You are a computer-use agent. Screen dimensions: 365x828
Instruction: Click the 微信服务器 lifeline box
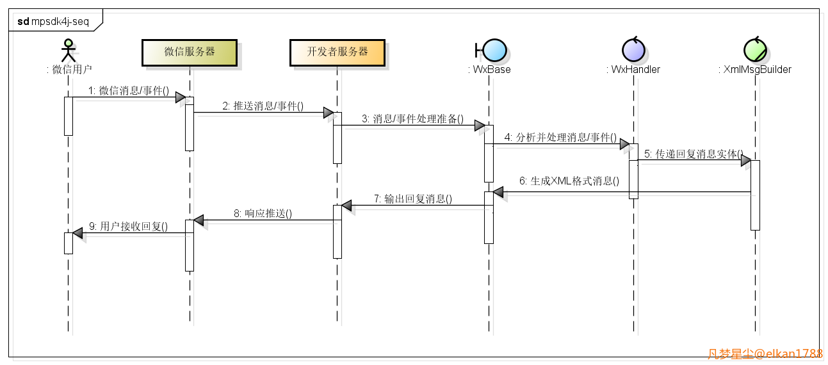point(190,53)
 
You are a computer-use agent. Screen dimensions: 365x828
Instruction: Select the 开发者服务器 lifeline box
point(337,53)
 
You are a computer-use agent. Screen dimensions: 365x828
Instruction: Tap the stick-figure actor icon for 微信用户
point(68,51)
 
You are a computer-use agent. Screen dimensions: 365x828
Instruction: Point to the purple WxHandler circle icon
point(633,50)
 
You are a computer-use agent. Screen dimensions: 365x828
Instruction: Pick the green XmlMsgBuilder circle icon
point(755,50)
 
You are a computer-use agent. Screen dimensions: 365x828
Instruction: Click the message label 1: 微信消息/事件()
point(128,91)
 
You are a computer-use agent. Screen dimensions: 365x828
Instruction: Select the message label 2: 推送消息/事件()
point(263,106)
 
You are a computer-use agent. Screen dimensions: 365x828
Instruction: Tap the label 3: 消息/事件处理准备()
point(412,120)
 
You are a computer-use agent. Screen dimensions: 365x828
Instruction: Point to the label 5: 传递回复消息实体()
point(694,154)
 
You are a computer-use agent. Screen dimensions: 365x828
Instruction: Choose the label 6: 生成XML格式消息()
point(569,181)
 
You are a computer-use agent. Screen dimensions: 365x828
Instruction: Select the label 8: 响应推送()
point(263,214)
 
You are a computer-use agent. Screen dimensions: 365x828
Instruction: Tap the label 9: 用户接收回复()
point(128,227)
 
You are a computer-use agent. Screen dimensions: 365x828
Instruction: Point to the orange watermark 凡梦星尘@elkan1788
point(765,353)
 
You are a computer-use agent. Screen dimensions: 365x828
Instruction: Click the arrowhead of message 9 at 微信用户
point(77,233)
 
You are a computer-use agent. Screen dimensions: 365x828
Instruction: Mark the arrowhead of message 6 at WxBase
point(498,192)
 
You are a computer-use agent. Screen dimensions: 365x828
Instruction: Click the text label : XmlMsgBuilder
point(754,69)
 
